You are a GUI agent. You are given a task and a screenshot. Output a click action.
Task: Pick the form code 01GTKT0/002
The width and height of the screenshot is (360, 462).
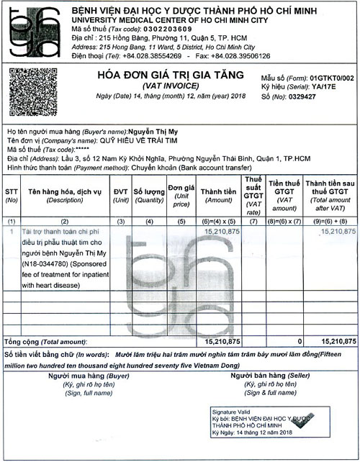coord(332,75)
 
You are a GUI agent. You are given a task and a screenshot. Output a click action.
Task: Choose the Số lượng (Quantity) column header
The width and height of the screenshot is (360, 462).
coord(148,196)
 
